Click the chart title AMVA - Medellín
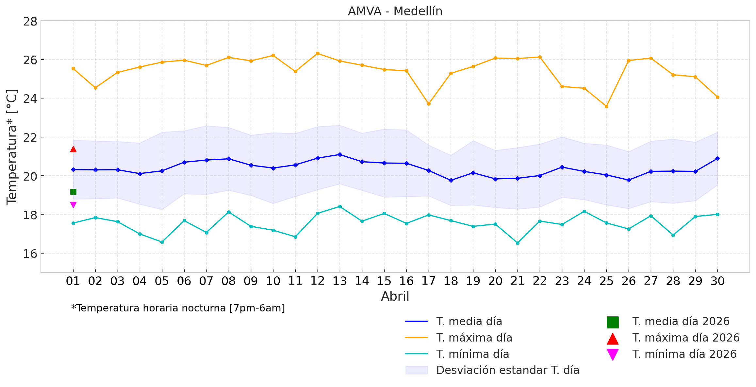coord(395,11)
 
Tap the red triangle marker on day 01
coord(73,149)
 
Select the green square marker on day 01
coord(73,192)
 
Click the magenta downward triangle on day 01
coord(73,205)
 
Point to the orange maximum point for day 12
coord(318,53)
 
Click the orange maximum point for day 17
coord(429,104)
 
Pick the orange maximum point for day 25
coord(606,106)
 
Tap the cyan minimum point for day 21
coord(518,243)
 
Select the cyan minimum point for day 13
coord(340,206)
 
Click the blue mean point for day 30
coord(717,158)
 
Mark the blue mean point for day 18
coord(451,180)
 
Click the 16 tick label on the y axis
coord(30,254)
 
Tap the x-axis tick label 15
coord(384,281)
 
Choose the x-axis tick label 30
coord(717,281)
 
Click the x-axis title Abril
coord(395,296)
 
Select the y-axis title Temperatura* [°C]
coord(12,147)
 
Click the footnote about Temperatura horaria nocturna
coord(178,308)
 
